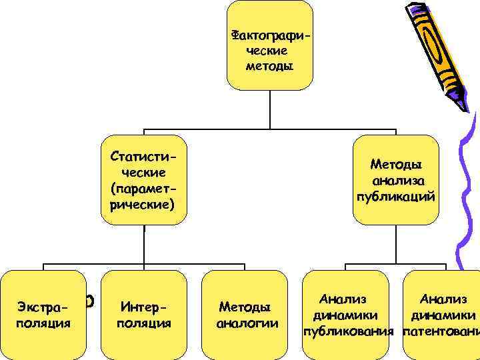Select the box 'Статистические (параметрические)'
143,180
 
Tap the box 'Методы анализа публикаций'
396,180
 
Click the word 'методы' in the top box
269,67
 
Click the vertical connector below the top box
269,109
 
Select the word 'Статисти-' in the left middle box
143,156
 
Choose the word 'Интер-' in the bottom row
144,307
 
